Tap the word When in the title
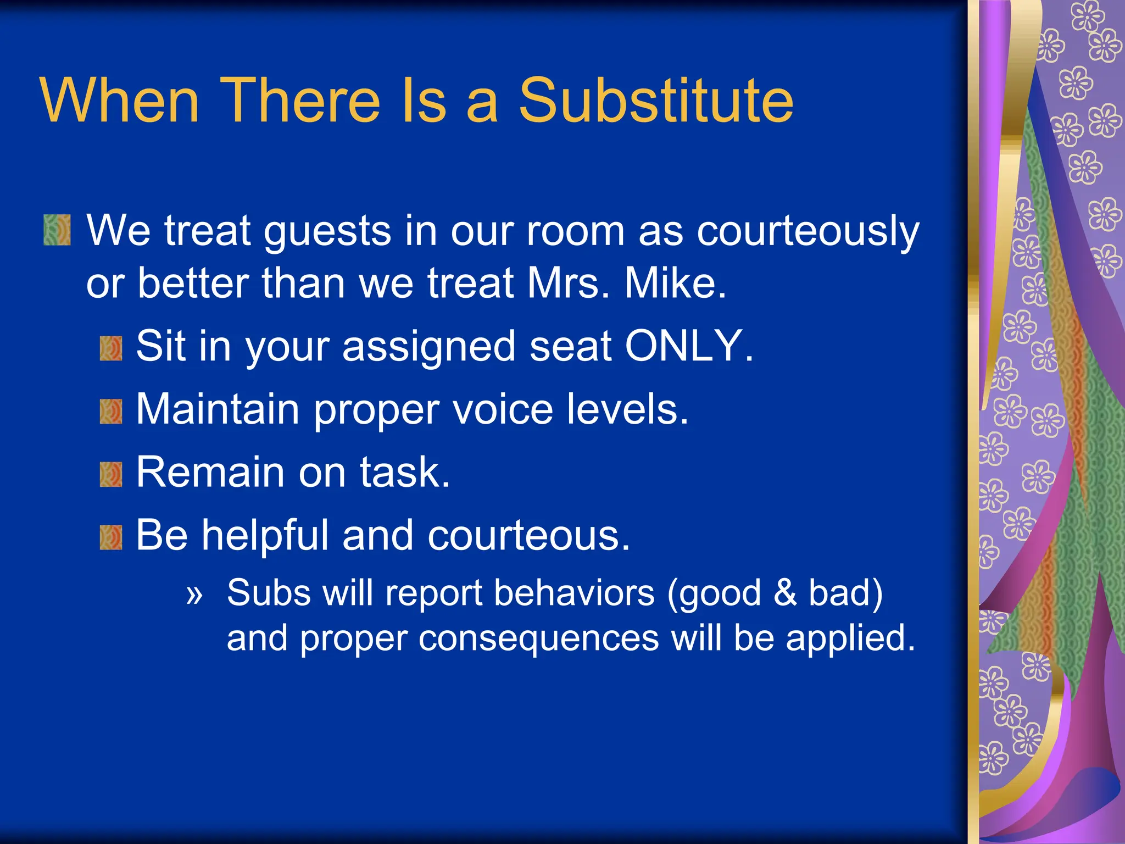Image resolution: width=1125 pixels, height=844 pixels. (119, 101)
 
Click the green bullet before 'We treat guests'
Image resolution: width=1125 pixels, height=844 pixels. (57, 230)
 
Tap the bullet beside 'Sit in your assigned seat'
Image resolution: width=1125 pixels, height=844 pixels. (111, 349)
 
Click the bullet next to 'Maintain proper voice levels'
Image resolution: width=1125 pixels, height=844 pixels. (111, 412)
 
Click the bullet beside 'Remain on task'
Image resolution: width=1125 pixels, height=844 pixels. (111, 475)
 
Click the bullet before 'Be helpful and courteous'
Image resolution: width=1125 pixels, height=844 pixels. (111, 537)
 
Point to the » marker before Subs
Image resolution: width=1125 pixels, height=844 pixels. (194, 595)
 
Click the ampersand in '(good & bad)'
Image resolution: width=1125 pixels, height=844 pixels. (785, 593)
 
